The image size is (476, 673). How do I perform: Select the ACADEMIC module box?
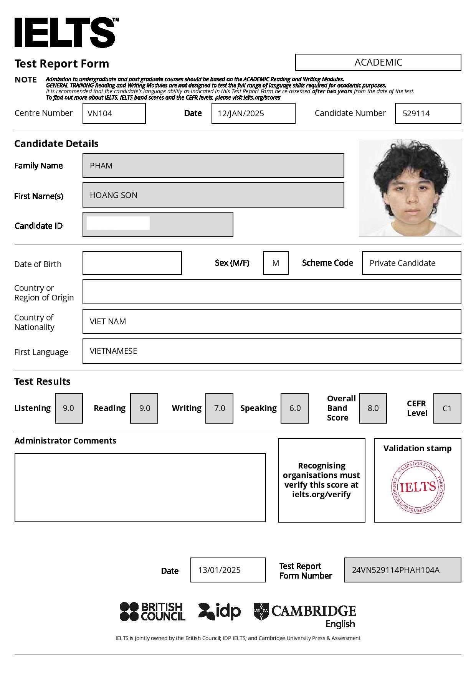(x=378, y=62)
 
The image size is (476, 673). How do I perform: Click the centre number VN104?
(x=100, y=114)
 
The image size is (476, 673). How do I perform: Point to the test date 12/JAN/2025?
(x=241, y=114)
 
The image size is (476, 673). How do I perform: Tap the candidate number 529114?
(x=416, y=114)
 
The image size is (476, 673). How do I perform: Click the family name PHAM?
(x=101, y=166)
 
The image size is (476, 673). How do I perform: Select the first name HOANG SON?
(x=114, y=195)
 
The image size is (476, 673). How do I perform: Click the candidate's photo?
(x=410, y=188)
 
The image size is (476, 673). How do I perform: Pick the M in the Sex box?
(x=276, y=263)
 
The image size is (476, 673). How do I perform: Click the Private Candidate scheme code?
(x=402, y=263)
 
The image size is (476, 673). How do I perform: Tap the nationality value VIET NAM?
(x=108, y=322)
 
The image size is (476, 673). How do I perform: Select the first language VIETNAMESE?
(x=113, y=351)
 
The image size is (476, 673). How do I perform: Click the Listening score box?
(x=69, y=408)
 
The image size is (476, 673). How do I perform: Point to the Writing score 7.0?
(x=219, y=408)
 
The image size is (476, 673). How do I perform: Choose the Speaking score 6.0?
(x=294, y=408)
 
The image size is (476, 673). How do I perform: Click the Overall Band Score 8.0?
(x=373, y=408)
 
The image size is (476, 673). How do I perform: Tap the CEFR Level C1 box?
(x=447, y=408)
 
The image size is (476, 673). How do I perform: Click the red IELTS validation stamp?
(x=418, y=487)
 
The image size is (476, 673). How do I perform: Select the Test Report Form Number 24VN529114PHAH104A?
(x=395, y=570)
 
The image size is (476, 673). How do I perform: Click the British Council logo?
(x=152, y=612)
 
